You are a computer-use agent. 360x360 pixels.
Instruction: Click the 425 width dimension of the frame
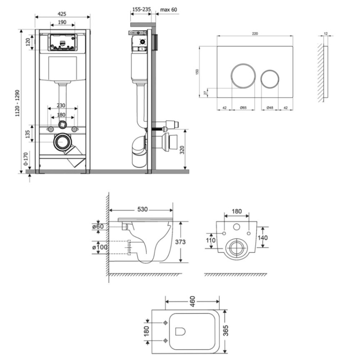62,14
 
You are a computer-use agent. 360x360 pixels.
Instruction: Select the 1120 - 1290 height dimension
17,103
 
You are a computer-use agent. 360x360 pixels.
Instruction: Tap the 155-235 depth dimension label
141,9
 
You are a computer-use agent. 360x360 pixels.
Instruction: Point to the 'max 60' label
168,10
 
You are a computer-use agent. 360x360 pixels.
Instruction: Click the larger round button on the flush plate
243,76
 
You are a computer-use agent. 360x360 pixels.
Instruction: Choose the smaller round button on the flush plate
270,78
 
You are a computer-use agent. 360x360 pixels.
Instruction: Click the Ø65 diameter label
243,107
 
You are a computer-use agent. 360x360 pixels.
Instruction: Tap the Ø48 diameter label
270,107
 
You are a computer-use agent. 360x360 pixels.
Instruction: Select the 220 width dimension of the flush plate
255,33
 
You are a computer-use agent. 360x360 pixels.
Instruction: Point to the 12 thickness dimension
326,33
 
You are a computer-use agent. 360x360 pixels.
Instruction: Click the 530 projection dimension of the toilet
142,210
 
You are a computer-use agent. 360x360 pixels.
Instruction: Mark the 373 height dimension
180,242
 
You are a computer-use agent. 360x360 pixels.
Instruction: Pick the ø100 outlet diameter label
100,247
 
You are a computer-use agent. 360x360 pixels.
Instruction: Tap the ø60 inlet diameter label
98,226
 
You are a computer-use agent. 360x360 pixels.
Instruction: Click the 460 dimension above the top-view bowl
192,301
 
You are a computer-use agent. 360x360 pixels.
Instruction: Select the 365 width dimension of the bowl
226,330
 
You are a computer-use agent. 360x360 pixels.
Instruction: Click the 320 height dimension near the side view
182,150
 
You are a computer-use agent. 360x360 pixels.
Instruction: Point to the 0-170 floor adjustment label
26,159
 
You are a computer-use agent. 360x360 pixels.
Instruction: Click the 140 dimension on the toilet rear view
262,238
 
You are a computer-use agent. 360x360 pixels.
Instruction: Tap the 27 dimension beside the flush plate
206,93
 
